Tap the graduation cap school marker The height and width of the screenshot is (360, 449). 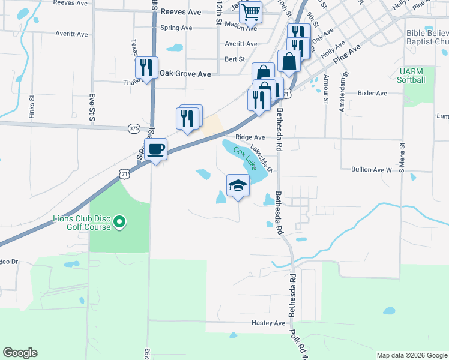[238, 185]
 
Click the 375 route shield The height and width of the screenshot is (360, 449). [134, 128]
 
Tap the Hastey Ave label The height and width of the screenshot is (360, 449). [271, 323]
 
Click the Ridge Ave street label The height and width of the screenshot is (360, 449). [250, 137]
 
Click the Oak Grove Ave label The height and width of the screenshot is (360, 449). [185, 74]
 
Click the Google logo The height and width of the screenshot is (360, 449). [20, 353]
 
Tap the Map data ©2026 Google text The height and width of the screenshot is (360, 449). [412, 355]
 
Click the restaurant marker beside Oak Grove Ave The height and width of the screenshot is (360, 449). [146, 69]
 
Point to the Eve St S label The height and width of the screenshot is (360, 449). [92, 108]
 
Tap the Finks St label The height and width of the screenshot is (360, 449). [31, 109]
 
